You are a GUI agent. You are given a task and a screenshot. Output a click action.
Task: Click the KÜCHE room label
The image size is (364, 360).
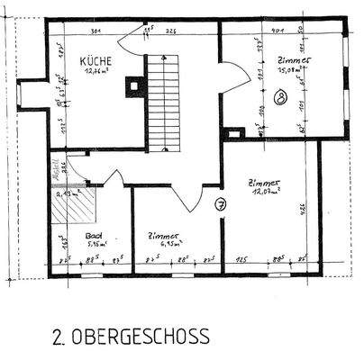pyautogui.click(x=96, y=61)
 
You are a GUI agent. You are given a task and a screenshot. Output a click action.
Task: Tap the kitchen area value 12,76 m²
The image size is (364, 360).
pyautogui.click(x=97, y=74)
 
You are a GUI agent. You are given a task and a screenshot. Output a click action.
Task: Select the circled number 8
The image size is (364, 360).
pyautogui.click(x=283, y=95)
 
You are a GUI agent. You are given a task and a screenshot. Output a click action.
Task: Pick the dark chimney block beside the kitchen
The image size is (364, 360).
pyautogui.click(x=135, y=86)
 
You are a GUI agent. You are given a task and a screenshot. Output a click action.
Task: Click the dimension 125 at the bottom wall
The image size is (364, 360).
pyautogui.click(x=241, y=259)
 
